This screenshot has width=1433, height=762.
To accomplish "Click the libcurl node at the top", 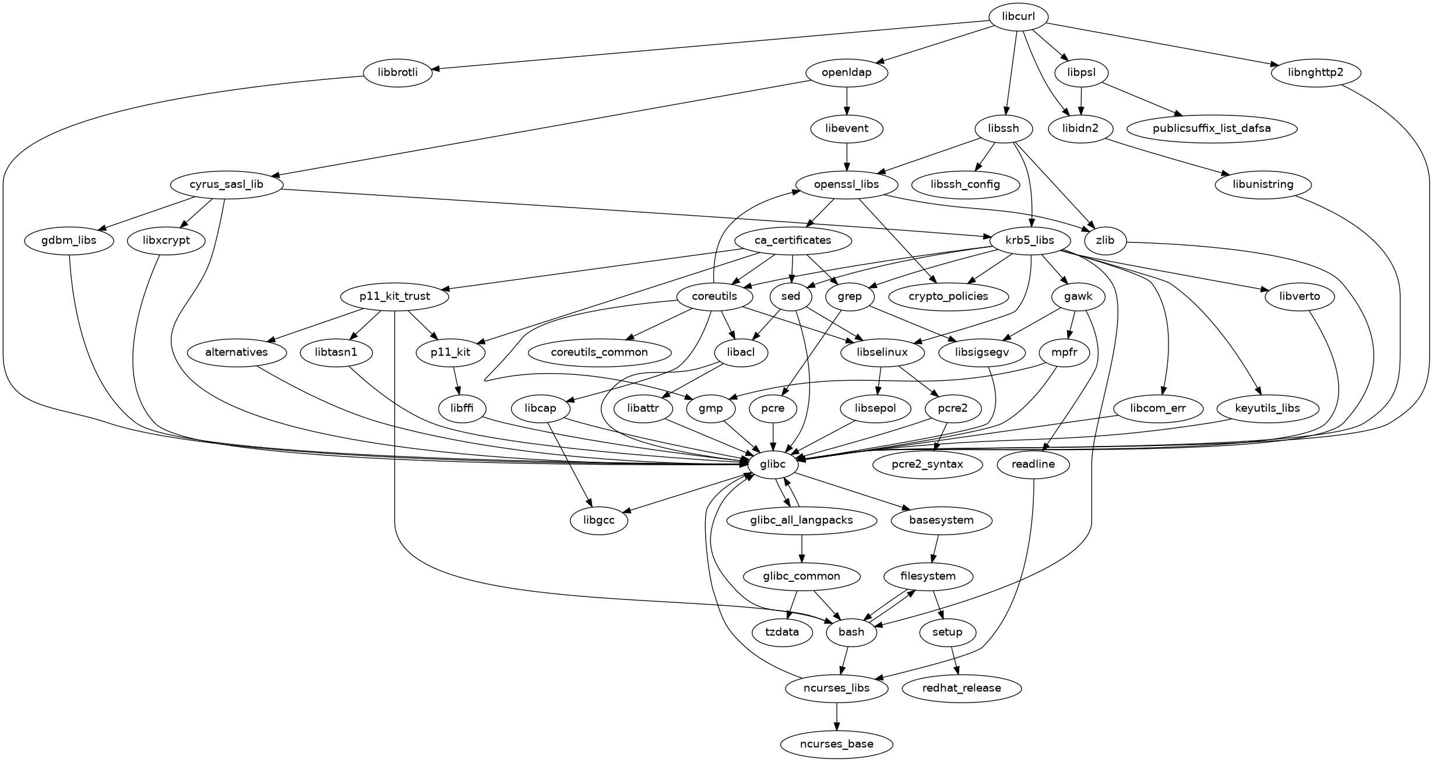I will pos(1018,17).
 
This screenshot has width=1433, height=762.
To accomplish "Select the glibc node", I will pos(773,465).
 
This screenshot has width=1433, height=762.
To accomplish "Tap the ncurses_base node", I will pos(836,744).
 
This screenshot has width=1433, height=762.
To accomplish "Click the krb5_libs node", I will pos(1030,240).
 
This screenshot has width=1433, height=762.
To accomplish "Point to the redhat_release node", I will pos(962,688).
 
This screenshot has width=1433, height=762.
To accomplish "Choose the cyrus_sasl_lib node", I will pos(226,185).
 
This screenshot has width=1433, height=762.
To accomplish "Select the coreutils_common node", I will pos(599,352).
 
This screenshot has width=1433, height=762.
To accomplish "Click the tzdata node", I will pos(782,632).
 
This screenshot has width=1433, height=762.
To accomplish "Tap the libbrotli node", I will pos(398,73).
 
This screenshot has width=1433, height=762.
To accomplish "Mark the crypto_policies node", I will pos(948,296).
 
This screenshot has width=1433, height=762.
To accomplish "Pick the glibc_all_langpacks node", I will pos(802,520).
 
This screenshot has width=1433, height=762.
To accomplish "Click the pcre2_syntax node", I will pos(927,465).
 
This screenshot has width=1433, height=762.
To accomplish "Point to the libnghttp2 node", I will pos(1316,73).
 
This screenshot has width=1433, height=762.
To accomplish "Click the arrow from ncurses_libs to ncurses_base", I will pos(836,716).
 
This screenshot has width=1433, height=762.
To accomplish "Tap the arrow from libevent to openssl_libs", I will pos(847,156).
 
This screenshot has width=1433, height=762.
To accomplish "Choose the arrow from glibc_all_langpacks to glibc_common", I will pos(802,548).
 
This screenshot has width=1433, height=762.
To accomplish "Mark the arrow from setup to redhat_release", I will pos(954,660).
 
